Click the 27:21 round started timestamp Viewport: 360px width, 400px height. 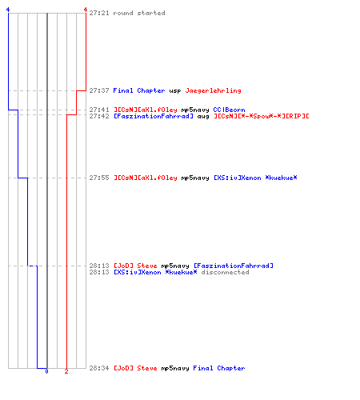click(x=99, y=13)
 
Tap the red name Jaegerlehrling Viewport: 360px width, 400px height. click(x=213, y=90)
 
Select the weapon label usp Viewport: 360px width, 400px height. click(x=175, y=91)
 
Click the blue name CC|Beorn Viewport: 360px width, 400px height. click(x=229, y=110)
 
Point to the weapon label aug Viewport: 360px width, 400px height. click(x=203, y=117)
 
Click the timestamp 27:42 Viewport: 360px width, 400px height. click(x=99, y=116)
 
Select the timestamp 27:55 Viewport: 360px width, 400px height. click(x=99, y=178)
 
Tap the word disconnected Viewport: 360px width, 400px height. click(x=225, y=272)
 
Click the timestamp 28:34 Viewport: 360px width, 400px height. click(x=99, y=368)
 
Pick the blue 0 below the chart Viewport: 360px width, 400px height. click(x=46, y=371)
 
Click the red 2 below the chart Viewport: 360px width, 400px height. click(x=66, y=371)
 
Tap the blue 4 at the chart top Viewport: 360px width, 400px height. click(x=8, y=10)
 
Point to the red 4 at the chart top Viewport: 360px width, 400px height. click(x=86, y=10)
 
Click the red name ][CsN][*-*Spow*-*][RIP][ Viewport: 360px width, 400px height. click(x=262, y=116)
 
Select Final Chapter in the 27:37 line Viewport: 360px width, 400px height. click(x=139, y=90)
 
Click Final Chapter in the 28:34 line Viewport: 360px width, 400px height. click(x=219, y=368)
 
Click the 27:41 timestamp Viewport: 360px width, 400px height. click(x=99, y=110)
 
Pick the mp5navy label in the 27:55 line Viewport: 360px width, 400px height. click(x=195, y=178)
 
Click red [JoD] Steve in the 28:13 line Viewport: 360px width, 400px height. click(x=135, y=266)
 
